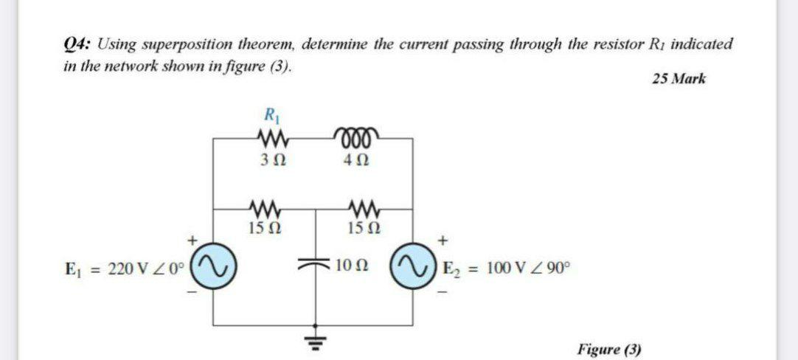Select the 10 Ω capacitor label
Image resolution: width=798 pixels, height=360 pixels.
coord(349,265)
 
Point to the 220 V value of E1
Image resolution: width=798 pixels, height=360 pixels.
coord(126,267)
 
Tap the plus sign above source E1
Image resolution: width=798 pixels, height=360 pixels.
coord(193,240)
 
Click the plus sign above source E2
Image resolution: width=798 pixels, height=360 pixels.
coord(443,240)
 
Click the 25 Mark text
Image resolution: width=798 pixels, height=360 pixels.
coord(679,78)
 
